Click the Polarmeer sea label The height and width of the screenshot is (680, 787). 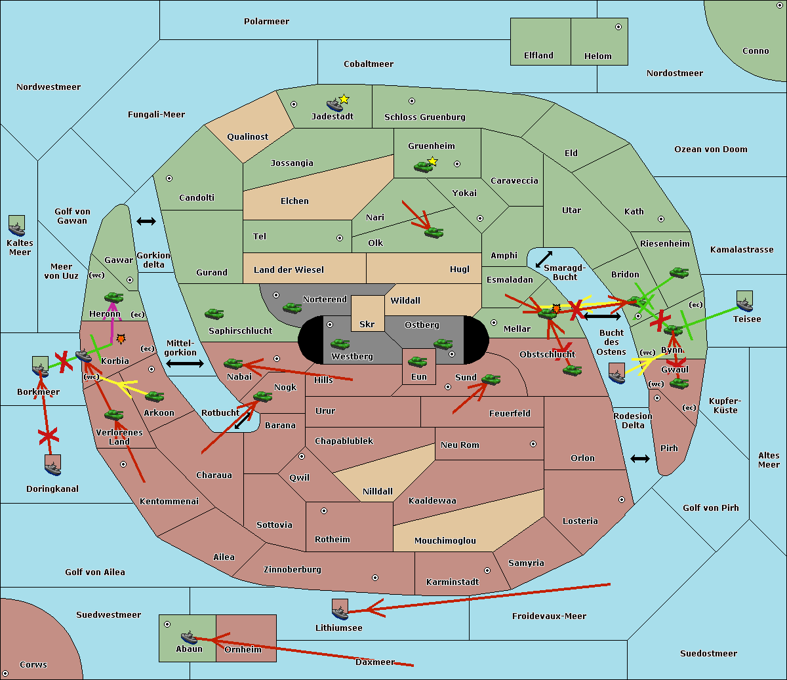266,22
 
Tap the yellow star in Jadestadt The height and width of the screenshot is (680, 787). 344,99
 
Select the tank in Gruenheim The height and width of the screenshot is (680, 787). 424,167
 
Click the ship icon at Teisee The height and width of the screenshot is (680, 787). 744,302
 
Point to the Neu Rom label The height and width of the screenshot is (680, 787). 460,445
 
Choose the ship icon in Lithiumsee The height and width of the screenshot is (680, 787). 340,610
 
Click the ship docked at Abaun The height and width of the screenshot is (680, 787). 189,637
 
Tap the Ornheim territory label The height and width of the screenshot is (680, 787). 243,650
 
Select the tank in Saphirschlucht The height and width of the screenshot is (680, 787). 214,315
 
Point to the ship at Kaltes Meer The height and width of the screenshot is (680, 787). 17,226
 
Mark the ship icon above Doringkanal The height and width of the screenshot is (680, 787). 53,465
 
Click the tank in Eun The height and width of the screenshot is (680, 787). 418,362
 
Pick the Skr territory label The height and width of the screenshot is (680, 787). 367,325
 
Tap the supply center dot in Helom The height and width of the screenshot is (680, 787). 618,27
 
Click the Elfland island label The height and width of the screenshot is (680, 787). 538,56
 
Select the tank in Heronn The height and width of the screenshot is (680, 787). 114,298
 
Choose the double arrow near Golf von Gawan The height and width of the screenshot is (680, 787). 146,222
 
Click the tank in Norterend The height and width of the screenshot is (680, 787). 292,308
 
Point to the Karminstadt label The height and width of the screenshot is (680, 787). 453,582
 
